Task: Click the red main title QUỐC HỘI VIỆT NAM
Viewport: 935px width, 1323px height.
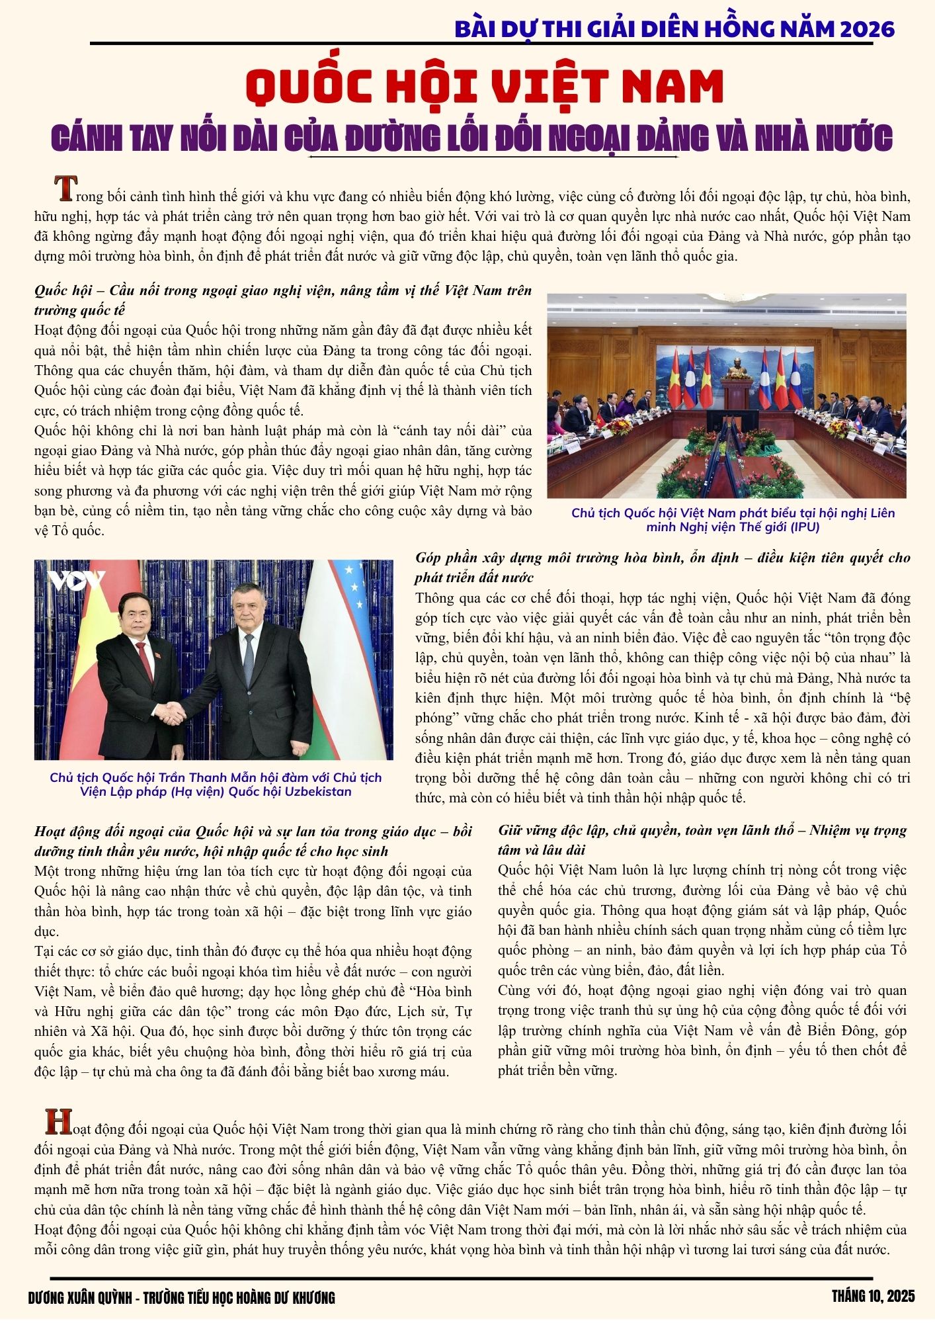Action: pyautogui.click(x=484, y=87)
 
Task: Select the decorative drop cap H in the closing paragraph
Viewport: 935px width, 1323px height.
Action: pyautogui.click(x=58, y=1121)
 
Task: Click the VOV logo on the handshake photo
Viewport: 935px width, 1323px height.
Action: pyautogui.click(x=75, y=580)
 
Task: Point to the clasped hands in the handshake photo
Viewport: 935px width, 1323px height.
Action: pyautogui.click(x=173, y=712)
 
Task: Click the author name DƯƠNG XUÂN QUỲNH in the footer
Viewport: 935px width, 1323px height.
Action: pyautogui.click(x=80, y=1298)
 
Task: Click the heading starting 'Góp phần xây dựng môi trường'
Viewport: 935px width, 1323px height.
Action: pyautogui.click(x=663, y=567)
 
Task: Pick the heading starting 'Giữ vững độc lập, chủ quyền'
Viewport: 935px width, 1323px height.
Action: pyautogui.click(x=702, y=839)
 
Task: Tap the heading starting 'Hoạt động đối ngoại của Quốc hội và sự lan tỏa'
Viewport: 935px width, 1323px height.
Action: pyautogui.click(x=253, y=841)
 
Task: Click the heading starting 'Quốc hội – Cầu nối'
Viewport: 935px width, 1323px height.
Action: pyautogui.click(x=282, y=300)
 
